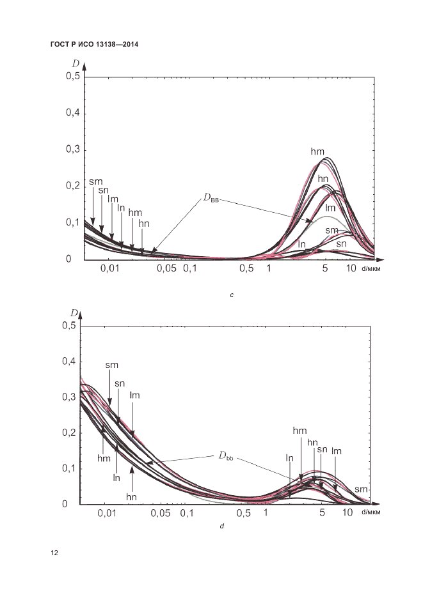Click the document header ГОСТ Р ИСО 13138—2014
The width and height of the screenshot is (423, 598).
pos(94,45)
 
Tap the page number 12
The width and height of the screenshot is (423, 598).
pos(54,553)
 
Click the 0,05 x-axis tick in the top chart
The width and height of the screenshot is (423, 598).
pos(166,269)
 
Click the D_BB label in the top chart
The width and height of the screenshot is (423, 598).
pos(211,199)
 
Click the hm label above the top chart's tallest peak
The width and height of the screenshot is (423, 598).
pos(317,151)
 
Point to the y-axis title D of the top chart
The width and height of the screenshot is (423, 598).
pos(76,65)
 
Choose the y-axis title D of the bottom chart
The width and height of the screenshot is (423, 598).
pos(74,313)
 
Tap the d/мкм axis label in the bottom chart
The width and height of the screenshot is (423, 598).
pos(371,513)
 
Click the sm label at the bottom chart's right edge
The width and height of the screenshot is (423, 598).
pos(361,489)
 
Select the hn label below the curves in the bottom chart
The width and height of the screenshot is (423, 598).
pos(132,496)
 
